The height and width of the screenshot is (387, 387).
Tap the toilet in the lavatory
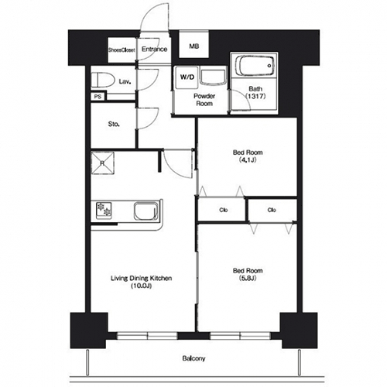(x=103, y=80)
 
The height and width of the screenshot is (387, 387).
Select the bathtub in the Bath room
(x=255, y=66)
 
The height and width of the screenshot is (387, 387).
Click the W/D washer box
(x=187, y=77)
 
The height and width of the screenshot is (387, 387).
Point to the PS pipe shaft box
(x=98, y=97)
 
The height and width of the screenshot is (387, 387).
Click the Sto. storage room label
(x=114, y=124)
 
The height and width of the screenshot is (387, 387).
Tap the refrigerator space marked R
(x=102, y=163)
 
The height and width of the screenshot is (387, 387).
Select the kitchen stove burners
(x=104, y=211)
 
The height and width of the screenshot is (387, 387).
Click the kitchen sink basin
(x=146, y=211)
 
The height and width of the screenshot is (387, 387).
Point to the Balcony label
(x=193, y=358)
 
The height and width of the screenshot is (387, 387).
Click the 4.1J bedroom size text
(x=248, y=160)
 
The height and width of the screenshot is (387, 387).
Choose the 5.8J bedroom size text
(x=248, y=278)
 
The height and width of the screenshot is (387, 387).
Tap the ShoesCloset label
(x=122, y=50)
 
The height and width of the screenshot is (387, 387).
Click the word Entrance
(x=154, y=49)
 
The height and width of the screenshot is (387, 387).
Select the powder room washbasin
(x=213, y=77)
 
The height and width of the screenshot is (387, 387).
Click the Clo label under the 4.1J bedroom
(x=224, y=210)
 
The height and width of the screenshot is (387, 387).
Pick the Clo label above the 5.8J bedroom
(x=272, y=210)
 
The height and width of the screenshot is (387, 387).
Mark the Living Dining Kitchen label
(x=141, y=278)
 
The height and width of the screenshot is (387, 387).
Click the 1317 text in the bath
(x=255, y=96)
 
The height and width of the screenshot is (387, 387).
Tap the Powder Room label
(x=204, y=100)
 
